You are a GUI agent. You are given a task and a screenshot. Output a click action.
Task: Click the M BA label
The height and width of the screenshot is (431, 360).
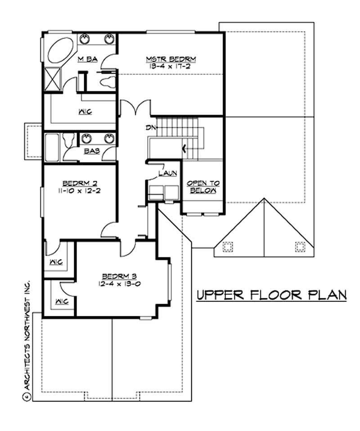(x=87, y=59)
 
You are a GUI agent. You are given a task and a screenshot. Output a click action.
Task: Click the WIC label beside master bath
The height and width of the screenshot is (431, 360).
(x=85, y=112)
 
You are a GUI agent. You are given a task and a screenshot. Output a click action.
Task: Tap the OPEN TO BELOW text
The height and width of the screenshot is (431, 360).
(x=203, y=187)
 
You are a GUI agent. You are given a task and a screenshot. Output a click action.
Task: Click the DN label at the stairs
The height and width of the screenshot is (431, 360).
(x=150, y=128)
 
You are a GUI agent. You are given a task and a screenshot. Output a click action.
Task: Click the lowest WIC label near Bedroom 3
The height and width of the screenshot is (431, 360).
(x=59, y=301)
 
